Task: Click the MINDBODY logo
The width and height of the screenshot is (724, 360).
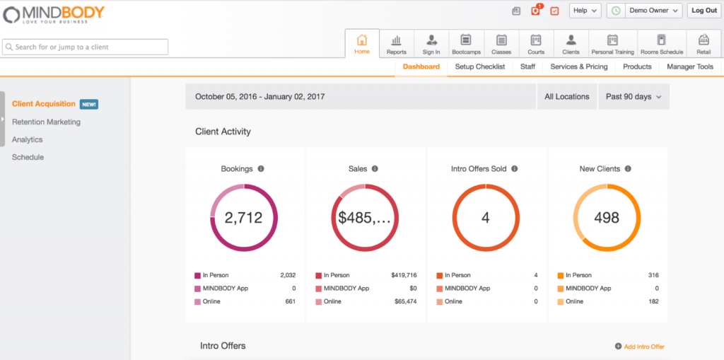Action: tap(54, 13)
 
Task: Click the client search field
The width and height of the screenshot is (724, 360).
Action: tap(86, 47)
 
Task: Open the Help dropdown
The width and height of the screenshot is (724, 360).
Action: tap(585, 11)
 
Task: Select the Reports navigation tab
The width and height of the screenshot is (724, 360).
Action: tap(397, 44)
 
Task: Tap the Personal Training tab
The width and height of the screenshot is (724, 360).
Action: tap(612, 44)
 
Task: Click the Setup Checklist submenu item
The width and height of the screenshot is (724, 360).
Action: tap(480, 66)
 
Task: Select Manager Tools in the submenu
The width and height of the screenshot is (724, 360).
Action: tap(690, 66)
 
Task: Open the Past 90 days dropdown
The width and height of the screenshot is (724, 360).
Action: tap(633, 97)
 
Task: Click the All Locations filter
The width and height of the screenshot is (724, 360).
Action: tap(566, 97)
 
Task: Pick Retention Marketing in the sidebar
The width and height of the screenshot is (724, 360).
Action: tap(46, 122)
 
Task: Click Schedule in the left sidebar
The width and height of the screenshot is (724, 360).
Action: tap(28, 157)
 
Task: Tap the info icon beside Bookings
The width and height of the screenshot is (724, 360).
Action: tap(261, 169)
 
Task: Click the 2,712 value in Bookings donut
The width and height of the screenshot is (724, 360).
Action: tap(243, 218)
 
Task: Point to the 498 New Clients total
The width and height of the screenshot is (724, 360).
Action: tap(606, 218)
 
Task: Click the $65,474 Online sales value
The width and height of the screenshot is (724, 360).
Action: tap(405, 301)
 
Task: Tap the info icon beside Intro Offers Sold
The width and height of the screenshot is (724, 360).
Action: tap(514, 169)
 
